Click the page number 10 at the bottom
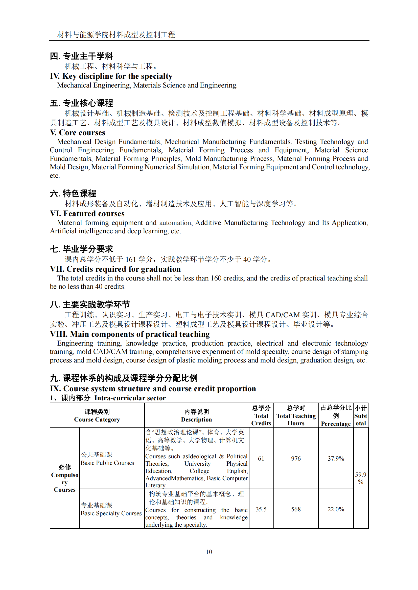pos(209,552)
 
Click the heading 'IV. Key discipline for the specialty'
pos(111,76)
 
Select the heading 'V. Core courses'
pos(78,133)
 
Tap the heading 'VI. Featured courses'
pos(87,214)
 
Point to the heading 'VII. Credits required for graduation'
pos(115,269)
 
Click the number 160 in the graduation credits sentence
pos(216,278)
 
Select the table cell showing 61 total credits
pos(261,458)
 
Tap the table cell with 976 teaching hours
pos(296,458)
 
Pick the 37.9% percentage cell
pos(336,458)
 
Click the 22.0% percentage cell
pos(336,509)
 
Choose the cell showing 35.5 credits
pos(261,509)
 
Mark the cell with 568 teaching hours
pos(296,509)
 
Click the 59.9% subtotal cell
pos(361,478)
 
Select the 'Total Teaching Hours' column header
pos(296,415)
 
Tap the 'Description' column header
pos(196,415)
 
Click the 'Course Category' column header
pos(97,415)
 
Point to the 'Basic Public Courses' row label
pos(107,463)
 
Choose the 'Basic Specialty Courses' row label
pos(111,513)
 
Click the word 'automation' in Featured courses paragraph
pos(175,223)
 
